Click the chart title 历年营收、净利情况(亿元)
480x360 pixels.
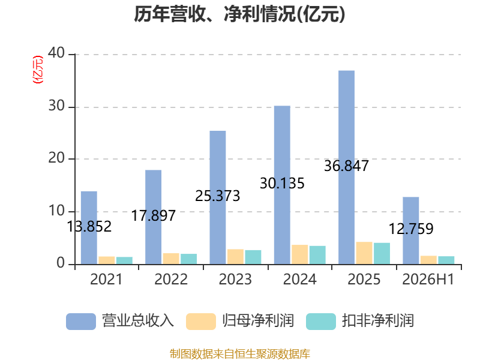click(239, 14)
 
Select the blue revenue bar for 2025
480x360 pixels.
click(347, 167)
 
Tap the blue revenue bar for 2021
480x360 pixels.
click(89, 228)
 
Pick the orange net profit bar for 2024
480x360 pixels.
click(299, 254)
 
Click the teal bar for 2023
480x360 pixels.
click(253, 257)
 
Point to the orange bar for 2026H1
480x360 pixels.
click(428, 260)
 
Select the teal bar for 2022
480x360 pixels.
click(188, 259)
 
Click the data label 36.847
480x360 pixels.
click(346, 166)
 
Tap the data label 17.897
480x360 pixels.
click(154, 215)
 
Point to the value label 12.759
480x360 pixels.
click(411, 229)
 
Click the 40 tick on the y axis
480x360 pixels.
click(56, 53)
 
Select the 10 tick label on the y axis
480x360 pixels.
click(56, 211)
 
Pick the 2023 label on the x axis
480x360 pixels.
click(235, 279)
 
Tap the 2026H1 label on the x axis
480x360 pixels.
click(428, 279)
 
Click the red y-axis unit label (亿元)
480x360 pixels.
click(38, 70)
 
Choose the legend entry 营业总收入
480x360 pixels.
click(120, 321)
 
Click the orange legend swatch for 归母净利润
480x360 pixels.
click(201, 322)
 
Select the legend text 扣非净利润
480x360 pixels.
click(378, 321)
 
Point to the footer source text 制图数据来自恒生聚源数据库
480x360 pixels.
click(239, 354)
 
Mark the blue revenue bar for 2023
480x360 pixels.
click(218, 197)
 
